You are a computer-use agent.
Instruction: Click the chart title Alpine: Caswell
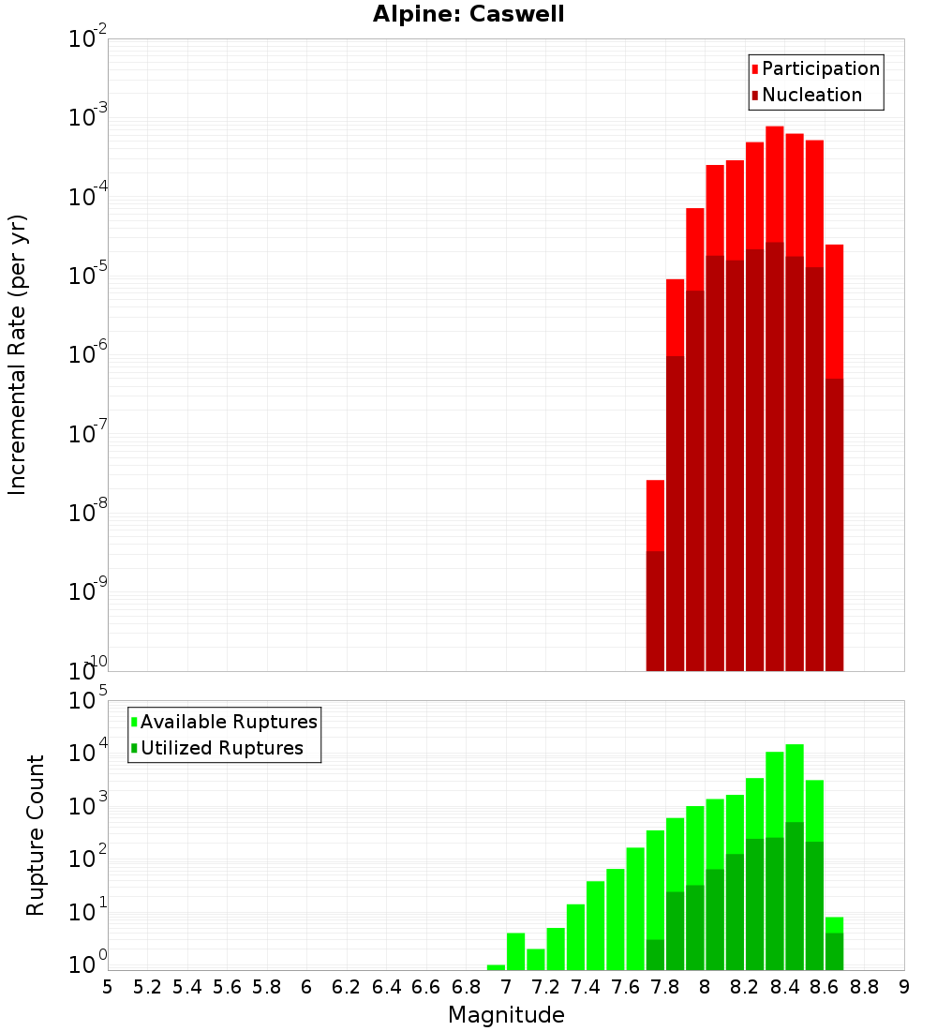pyautogui.click(x=468, y=15)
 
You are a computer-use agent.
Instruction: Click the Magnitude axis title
pyautogui.click(x=506, y=1015)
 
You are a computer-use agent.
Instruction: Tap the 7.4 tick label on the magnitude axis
pyautogui.click(x=586, y=987)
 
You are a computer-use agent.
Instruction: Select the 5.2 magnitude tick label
pyautogui.click(x=147, y=987)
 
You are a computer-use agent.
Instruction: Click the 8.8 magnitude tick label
pyautogui.click(x=865, y=987)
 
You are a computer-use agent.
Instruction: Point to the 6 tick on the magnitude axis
pyautogui.click(x=306, y=987)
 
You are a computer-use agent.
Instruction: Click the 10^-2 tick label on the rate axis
pyautogui.click(x=88, y=39)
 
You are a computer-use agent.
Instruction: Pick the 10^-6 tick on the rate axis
pyautogui.click(x=88, y=355)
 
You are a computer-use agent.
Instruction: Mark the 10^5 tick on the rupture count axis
pyautogui.click(x=88, y=701)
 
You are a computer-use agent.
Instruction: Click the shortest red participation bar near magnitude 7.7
pyautogui.click(x=655, y=515)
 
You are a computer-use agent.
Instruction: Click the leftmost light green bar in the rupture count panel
pyautogui.click(x=497, y=967)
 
